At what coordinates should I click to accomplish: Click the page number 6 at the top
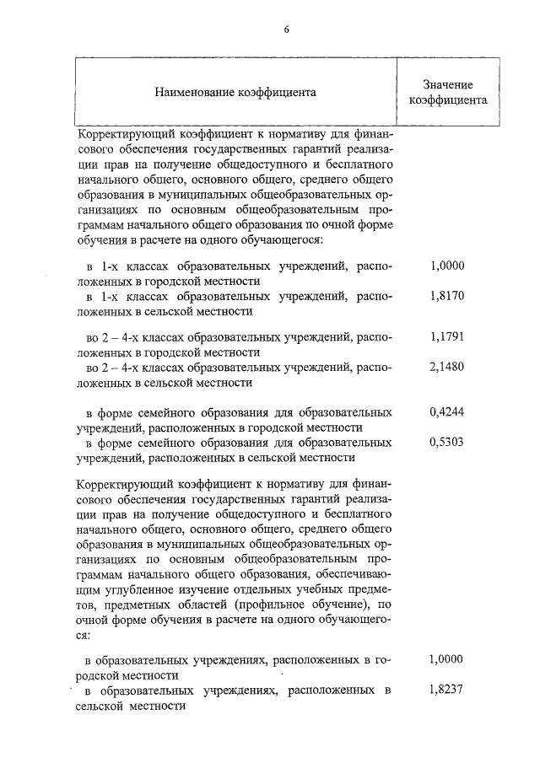click(286, 29)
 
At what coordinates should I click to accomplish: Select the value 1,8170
click(447, 297)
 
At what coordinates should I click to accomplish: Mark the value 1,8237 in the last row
click(447, 690)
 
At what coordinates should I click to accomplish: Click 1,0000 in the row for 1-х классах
click(447, 266)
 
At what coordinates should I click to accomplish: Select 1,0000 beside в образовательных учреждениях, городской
click(447, 660)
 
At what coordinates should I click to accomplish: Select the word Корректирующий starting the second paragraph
click(118, 485)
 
